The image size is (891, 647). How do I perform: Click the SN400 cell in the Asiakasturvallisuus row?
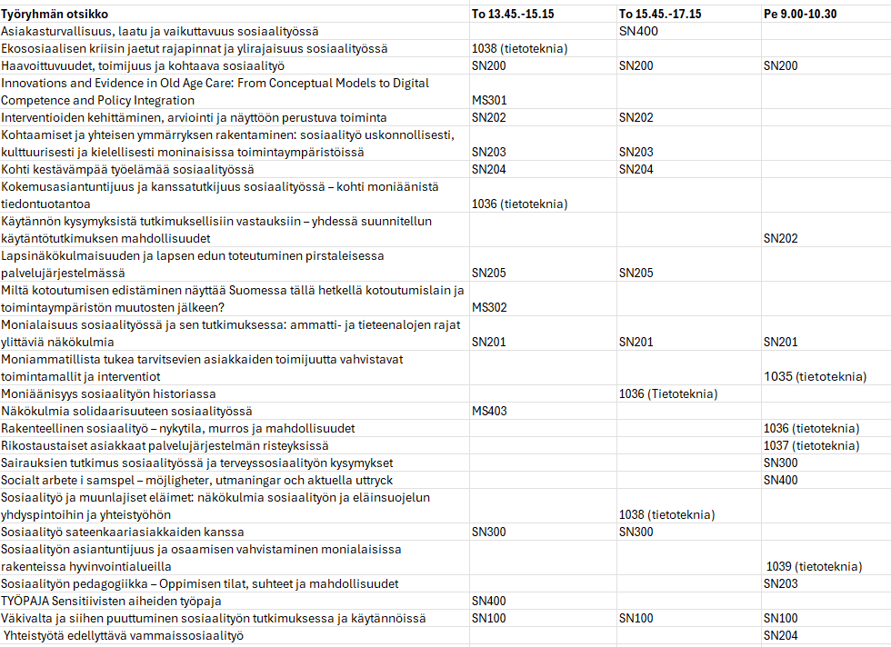coord(638,31)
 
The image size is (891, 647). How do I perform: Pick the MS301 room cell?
coord(490,100)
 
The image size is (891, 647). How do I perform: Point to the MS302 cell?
coord(490,307)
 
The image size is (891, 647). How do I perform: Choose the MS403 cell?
coord(490,411)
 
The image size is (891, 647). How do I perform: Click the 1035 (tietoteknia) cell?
coord(816,376)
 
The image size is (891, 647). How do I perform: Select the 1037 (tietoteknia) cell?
coord(811,445)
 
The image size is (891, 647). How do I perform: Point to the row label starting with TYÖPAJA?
coord(111,601)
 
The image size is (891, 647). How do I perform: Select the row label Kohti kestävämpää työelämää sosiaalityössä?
coord(127,169)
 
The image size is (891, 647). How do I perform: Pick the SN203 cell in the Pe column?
coord(781,583)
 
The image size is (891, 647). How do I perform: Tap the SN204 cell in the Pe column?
coord(781,635)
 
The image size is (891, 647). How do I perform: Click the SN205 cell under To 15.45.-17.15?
coord(636,273)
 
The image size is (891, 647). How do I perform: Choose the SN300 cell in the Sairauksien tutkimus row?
coord(781,463)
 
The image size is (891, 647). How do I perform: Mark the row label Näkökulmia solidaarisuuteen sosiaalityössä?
coord(126,411)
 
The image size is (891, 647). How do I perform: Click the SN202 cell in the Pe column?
coord(781,238)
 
